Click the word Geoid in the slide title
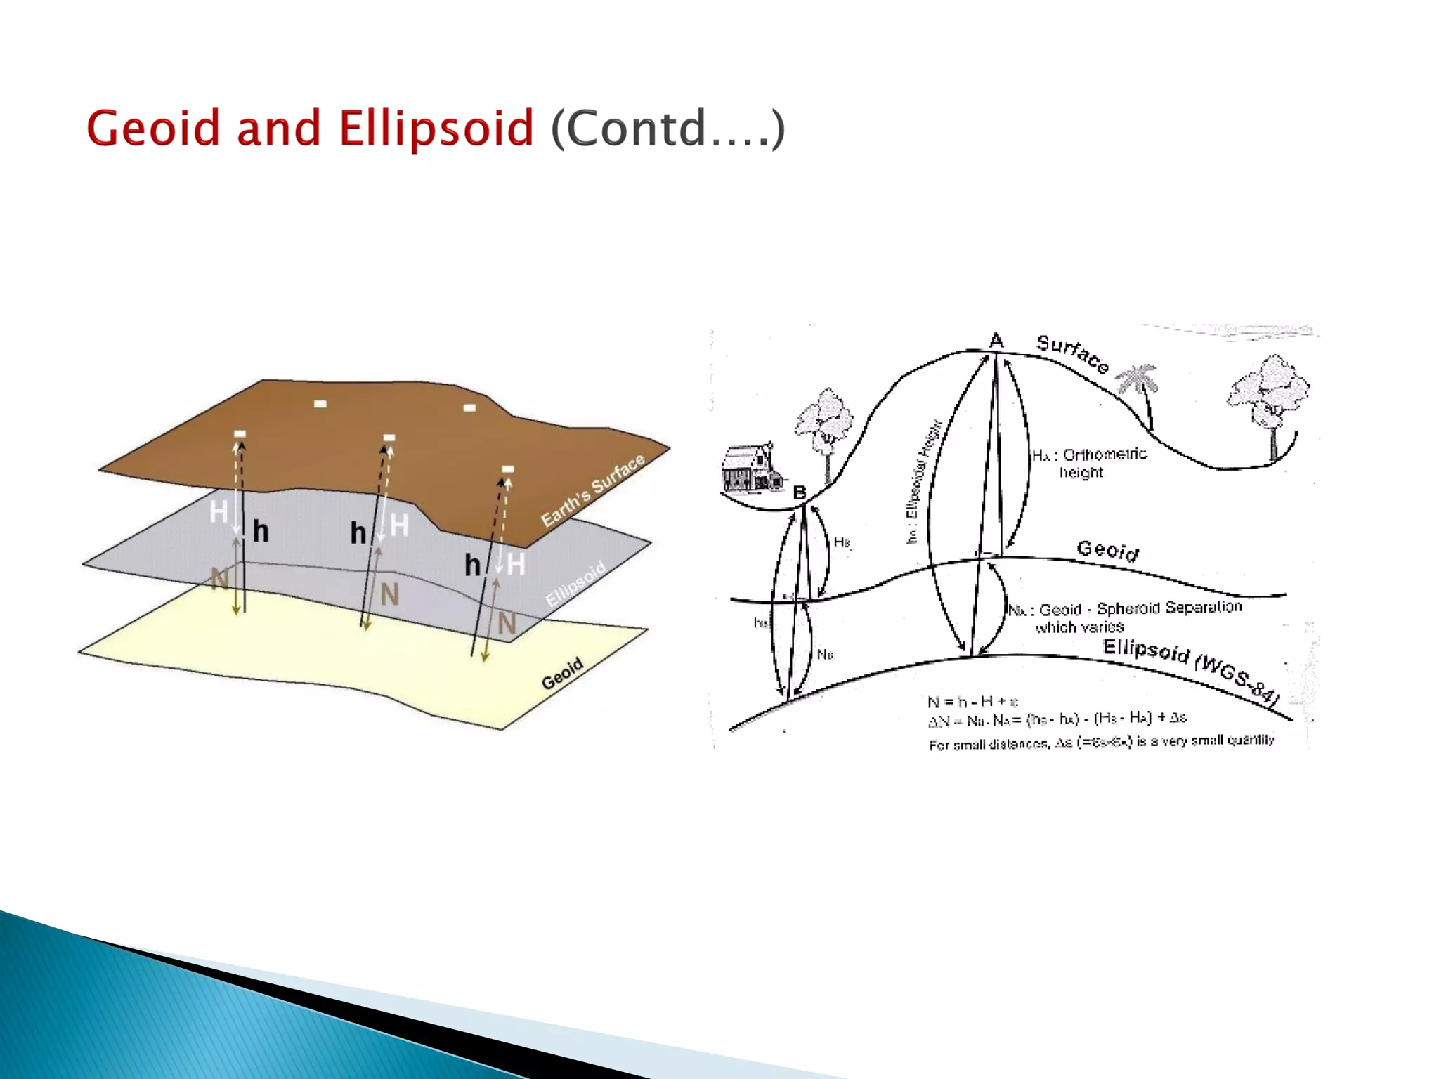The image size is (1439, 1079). point(152,129)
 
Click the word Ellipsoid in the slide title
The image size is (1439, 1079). point(436,129)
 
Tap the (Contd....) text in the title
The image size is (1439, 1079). point(668,129)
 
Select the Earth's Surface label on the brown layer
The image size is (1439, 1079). point(594,490)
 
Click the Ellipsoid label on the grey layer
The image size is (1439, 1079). point(575,584)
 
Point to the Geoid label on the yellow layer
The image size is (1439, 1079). point(562,674)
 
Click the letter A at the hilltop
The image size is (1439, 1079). point(996,341)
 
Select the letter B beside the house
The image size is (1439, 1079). point(800,492)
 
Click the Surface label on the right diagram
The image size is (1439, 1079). point(1072,353)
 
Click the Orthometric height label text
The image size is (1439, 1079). point(1090,463)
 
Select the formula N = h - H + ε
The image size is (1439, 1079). point(972,701)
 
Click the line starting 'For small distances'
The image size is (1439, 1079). point(1100,742)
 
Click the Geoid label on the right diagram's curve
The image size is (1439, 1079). point(1107,549)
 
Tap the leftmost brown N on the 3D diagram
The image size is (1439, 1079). point(220,580)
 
